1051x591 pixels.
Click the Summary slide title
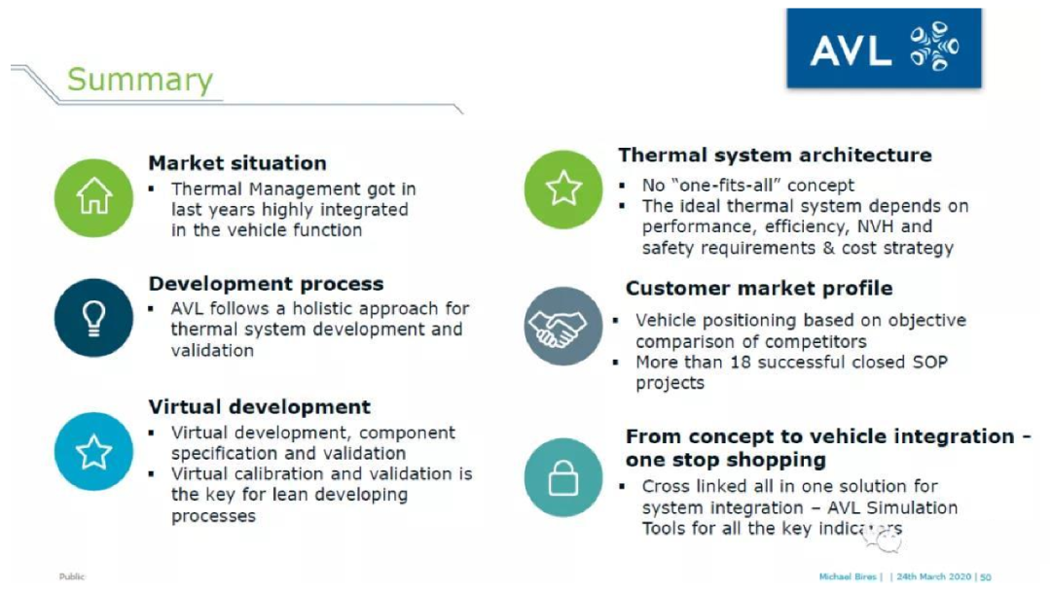140,81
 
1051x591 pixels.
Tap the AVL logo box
884,49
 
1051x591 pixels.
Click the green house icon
93,198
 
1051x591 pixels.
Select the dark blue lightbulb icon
93,318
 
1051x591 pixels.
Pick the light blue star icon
93,452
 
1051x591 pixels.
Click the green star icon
563,190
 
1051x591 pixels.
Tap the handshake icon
563,326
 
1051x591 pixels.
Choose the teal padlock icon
563,477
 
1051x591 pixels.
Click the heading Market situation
237,163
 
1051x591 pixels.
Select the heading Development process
266,284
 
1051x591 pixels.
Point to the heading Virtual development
260,407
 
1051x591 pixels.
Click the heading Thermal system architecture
775,156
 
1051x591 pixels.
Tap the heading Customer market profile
759,289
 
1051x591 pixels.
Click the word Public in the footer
72,576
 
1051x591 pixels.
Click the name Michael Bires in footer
848,576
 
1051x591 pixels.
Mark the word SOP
930,363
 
